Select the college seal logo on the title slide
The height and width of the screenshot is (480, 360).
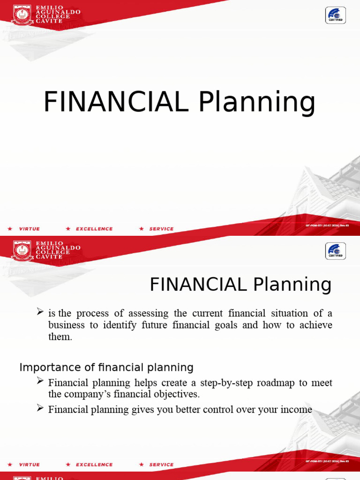pyautogui.click(x=22, y=15)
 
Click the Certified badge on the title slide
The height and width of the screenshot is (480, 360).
pyautogui.click(x=336, y=15)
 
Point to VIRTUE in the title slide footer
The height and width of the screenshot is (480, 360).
pyautogui.click(x=29, y=229)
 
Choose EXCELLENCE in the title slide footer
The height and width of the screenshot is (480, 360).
pyautogui.click(x=94, y=229)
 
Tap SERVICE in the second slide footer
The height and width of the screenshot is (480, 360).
pyautogui.click(x=161, y=465)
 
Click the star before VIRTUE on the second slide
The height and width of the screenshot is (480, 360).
pyautogui.click(x=10, y=465)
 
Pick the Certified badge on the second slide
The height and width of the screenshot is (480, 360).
pyautogui.click(x=336, y=251)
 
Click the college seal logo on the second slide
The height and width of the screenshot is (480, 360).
pyautogui.click(x=22, y=251)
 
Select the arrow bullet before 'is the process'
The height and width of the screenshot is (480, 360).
pyautogui.click(x=40, y=312)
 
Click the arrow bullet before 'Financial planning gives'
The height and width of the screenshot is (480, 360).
pyautogui.click(x=40, y=408)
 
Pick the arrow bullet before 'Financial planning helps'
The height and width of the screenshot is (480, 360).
pyautogui.click(x=40, y=382)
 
